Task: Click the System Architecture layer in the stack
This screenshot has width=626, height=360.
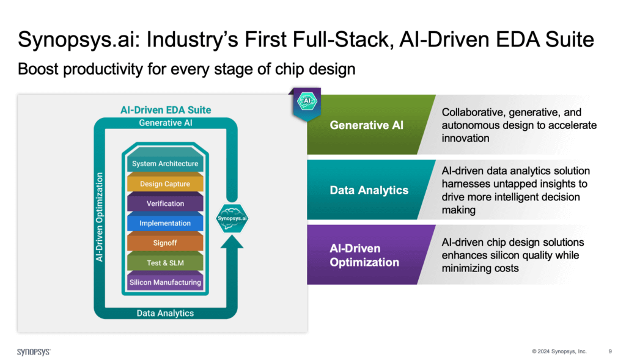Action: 165,164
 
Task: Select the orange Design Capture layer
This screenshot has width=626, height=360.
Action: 165,183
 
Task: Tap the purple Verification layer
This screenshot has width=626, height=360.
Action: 165,204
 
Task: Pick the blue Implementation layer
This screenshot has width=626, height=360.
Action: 165,223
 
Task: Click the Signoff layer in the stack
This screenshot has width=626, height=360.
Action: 165,243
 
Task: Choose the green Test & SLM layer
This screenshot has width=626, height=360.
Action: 165,263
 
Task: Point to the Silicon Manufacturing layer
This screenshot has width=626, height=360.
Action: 165,282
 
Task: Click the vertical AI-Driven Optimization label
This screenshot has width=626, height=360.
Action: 100,217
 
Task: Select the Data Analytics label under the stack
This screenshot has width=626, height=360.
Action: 165,313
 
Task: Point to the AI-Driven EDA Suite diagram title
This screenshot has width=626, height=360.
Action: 165,110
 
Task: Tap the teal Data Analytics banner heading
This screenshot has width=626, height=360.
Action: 369,190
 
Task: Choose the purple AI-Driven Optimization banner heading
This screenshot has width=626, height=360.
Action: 364,255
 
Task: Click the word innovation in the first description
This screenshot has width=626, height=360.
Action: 466,139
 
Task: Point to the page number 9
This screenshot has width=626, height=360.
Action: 610,351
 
